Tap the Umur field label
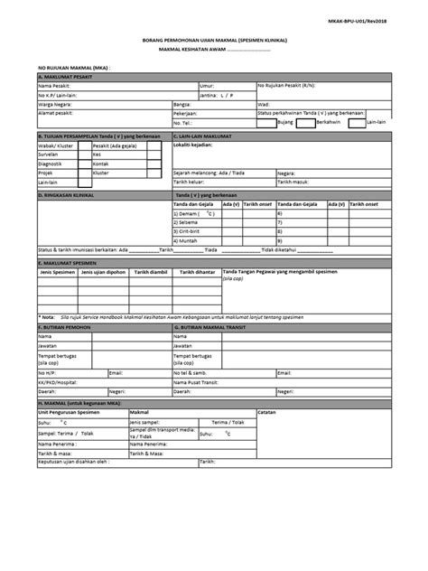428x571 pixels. pyautogui.click(x=208, y=85)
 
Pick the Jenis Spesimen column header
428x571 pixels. pyautogui.click(x=58, y=270)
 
